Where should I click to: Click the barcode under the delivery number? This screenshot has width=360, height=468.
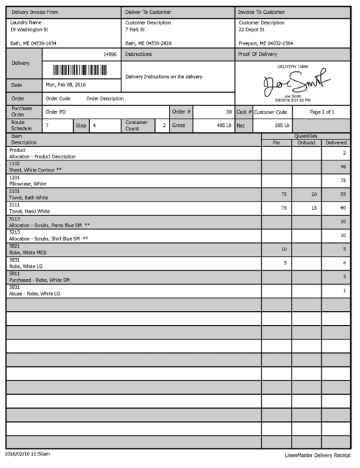[80, 70]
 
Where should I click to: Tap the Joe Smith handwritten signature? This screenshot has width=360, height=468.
[292, 83]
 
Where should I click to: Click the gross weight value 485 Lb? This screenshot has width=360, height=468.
[224, 126]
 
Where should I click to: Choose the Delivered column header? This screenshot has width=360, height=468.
[336, 142]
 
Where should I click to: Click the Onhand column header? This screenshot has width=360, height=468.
[306, 142]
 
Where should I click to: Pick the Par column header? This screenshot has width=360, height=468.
[276, 142]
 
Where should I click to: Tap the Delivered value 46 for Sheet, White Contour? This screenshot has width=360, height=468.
[343, 167]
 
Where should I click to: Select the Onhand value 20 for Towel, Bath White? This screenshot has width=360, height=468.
[314, 194]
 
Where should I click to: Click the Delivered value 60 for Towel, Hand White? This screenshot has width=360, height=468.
[342, 208]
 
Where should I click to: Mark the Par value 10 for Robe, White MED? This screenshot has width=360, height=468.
[283, 249]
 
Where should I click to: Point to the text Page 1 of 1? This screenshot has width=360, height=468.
[322, 112]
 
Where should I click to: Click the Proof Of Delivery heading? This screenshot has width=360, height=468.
[257, 54]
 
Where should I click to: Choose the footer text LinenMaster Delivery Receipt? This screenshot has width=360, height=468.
[317, 454]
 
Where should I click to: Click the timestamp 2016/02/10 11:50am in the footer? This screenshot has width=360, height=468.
[27, 454]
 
